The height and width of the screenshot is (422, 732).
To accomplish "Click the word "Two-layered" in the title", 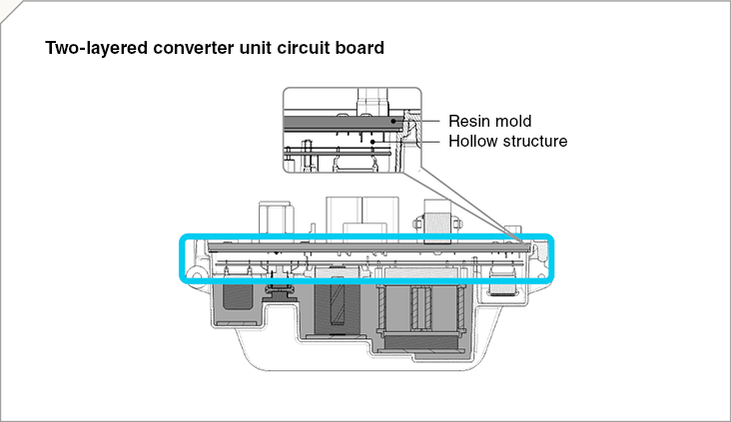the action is tap(96, 49).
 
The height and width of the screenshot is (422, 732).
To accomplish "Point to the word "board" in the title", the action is tap(360, 48).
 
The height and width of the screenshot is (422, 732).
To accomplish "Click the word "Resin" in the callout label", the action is tap(468, 122).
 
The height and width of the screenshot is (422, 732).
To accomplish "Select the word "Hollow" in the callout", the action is tap(472, 141).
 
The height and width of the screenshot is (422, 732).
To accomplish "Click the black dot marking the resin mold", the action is tap(393, 122).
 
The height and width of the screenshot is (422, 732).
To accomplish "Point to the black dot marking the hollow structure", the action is tap(372, 142).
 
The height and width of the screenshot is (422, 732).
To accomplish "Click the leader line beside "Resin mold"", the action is tap(416, 122).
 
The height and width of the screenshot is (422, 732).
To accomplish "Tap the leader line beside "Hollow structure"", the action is tap(406, 142).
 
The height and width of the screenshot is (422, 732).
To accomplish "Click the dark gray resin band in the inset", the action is tap(344, 124).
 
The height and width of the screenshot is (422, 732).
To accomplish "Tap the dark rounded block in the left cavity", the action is tap(238, 293).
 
